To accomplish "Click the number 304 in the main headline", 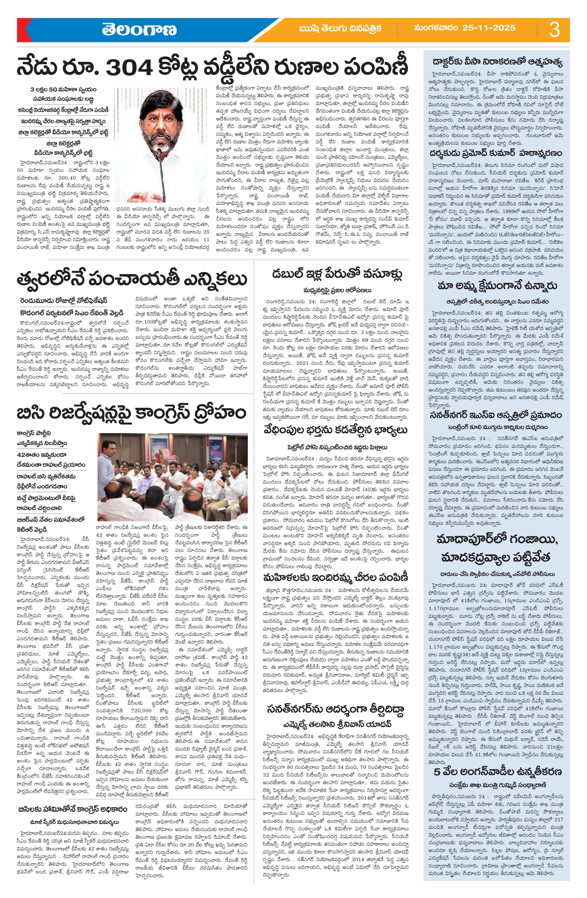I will (129, 67).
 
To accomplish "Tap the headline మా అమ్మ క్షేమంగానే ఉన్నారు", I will (497, 286).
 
